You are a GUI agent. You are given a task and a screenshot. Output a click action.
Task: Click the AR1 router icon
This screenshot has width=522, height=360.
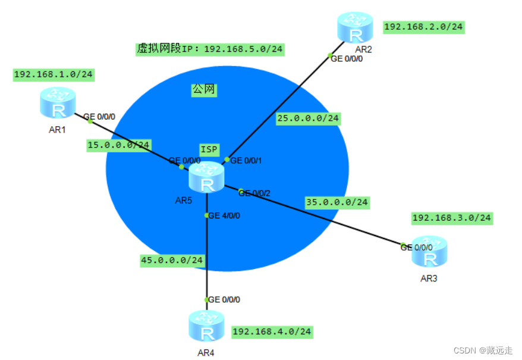point(58,102)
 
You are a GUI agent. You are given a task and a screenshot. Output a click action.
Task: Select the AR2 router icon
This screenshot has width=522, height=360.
point(355,27)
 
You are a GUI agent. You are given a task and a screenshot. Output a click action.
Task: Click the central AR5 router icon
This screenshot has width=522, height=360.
point(207,177)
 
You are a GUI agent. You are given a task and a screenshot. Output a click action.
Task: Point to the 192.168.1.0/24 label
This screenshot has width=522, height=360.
point(54,74)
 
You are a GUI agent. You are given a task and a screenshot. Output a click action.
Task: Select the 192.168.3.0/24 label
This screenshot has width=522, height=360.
point(452,218)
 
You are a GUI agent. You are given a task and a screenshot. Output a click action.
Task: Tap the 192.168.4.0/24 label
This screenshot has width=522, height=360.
point(272,331)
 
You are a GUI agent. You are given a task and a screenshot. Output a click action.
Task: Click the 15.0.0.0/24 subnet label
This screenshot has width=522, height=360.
point(119,145)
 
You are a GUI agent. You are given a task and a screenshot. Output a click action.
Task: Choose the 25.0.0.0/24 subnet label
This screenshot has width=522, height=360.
point(308,118)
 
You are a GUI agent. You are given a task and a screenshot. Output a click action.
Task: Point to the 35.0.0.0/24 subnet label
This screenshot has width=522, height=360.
point(337,202)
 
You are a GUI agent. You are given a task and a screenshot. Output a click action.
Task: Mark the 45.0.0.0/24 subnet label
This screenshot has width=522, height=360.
point(172,260)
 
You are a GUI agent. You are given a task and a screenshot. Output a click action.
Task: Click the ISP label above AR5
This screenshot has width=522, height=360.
point(209,150)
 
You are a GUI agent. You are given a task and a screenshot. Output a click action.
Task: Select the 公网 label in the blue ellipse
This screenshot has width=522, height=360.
point(203,90)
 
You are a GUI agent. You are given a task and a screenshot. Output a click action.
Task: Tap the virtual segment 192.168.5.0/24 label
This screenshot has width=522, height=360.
point(210,49)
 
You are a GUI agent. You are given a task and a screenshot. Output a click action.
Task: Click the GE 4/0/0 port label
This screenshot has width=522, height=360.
point(224,215)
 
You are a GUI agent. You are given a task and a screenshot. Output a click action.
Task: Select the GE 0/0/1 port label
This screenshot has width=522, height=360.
point(246,160)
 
